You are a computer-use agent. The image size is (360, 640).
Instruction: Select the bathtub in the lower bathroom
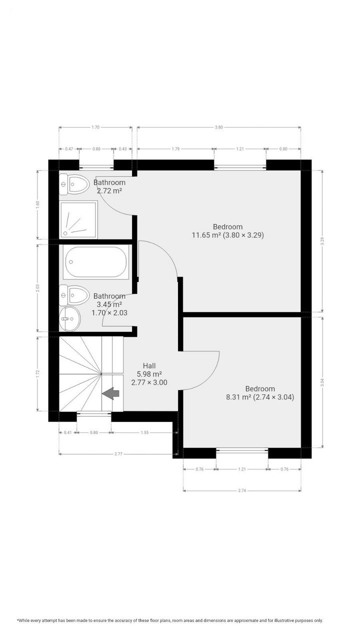[x=96, y=262]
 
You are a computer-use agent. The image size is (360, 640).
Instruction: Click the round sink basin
[x=68, y=318]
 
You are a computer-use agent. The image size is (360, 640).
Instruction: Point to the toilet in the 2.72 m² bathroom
[x=73, y=185]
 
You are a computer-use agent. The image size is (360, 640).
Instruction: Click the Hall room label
[x=149, y=365]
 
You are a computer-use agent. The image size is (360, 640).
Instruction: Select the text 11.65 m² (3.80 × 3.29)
[x=227, y=234]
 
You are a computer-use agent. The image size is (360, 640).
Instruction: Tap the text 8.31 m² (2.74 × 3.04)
[x=259, y=397]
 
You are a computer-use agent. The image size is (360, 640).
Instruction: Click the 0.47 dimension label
[x=69, y=149]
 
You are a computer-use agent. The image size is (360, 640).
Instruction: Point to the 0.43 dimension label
[x=122, y=149]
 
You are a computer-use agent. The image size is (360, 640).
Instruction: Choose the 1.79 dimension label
[x=175, y=149]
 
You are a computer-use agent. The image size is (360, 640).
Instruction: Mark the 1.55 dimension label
[x=144, y=432]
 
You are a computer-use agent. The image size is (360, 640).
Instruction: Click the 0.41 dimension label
[x=67, y=432]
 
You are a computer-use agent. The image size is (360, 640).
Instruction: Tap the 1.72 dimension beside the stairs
[x=38, y=372]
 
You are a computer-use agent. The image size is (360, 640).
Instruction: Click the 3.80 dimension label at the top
[x=218, y=127]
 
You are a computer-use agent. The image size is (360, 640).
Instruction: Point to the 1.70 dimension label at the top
[x=95, y=127]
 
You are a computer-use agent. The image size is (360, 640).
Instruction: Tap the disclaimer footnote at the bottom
[x=170, y=620]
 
